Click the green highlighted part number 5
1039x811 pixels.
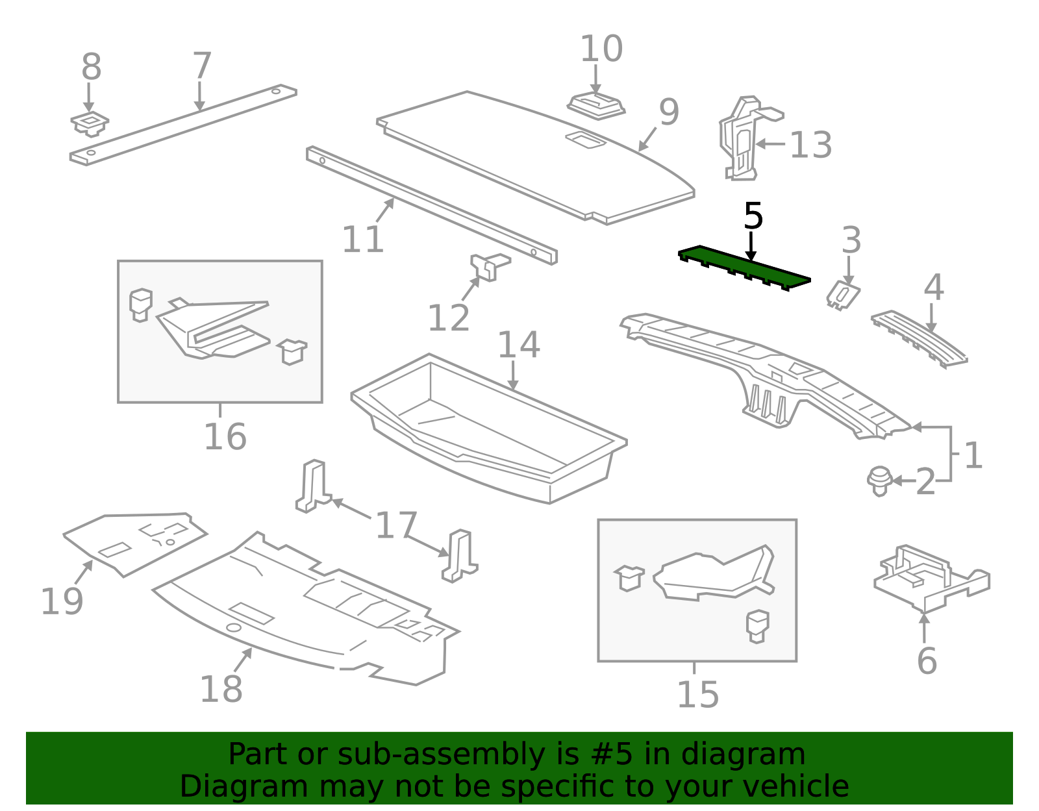pos(744,269)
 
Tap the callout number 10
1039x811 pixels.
pos(601,49)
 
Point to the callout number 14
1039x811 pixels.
pos(519,345)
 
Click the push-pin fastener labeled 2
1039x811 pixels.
pos(879,481)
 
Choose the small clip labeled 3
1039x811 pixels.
pos(844,295)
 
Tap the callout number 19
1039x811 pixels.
pos(62,601)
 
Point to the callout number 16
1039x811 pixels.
pos(225,437)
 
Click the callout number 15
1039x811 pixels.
pos(698,695)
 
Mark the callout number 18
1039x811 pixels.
pos(221,689)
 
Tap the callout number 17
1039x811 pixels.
pos(396,525)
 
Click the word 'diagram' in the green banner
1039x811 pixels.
pos(743,755)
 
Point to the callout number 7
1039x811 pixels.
pos(202,66)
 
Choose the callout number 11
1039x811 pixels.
pos(363,239)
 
